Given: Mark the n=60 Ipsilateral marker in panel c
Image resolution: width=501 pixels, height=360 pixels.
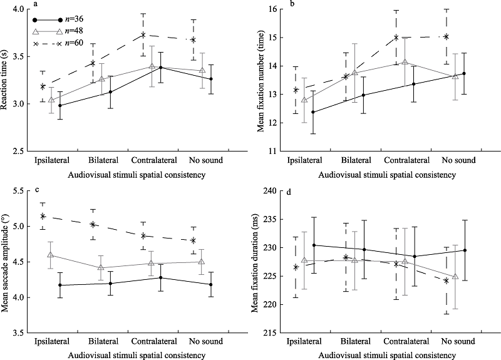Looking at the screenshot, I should pos(43,216).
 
